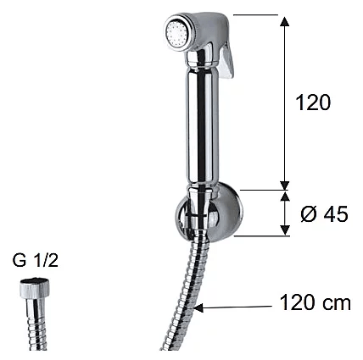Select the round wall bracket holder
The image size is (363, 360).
coord(209,213)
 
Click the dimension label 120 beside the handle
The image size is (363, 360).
coord(313,102)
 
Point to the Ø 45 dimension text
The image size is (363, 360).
coord(324,213)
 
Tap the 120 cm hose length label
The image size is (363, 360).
coord(316,302)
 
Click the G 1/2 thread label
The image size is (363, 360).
coord(35,260)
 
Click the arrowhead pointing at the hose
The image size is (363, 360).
coord(198,307)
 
